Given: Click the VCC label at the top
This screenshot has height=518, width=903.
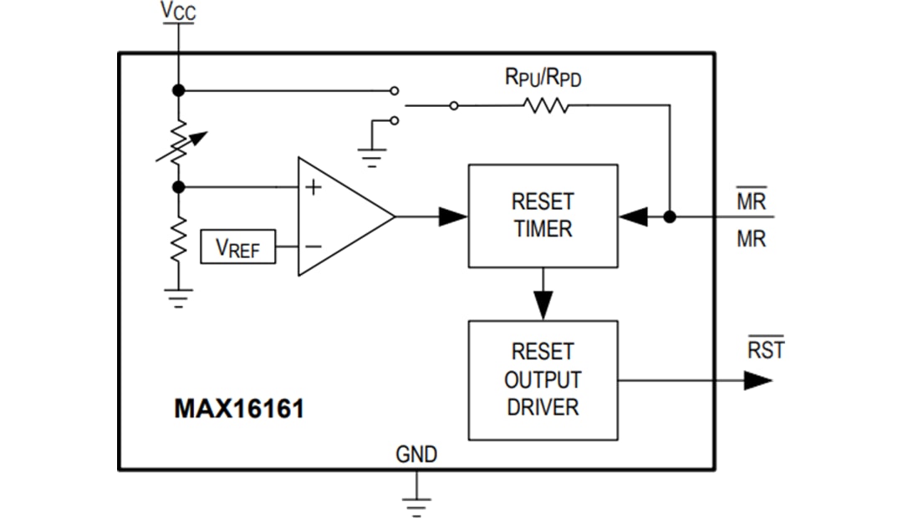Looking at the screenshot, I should [178, 13].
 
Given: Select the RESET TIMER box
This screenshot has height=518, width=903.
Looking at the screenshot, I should [543, 216].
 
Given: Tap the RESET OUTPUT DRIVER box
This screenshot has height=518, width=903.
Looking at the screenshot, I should [543, 380].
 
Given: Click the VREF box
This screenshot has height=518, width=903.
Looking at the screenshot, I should [238, 248].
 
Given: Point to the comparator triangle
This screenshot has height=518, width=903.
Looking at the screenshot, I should [343, 216].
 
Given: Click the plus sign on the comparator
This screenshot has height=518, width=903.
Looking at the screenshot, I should [313, 187].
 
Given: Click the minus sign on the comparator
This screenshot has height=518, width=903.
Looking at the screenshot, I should [313, 246].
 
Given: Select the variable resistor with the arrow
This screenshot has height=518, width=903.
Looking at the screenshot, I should [179, 142].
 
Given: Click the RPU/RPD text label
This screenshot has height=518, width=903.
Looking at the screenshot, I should [543, 78].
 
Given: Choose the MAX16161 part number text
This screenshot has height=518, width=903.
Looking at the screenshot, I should [239, 409].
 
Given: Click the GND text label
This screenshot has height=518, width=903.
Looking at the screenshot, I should [416, 455].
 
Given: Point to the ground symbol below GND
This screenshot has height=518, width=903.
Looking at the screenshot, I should [416, 504].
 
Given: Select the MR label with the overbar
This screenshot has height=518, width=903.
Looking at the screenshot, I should [750, 201].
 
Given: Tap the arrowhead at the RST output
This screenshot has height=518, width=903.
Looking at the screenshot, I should [758, 381].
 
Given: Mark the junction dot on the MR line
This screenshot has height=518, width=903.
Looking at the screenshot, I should [669, 216].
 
